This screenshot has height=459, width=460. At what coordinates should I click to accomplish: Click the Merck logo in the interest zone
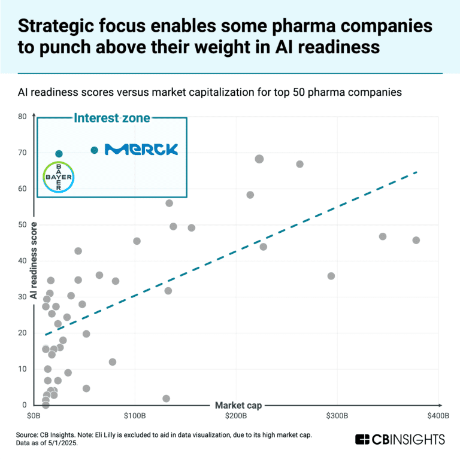[141, 149]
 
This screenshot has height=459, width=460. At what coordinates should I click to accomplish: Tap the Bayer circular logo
[59, 177]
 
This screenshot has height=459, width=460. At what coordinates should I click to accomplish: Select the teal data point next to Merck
[94, 150]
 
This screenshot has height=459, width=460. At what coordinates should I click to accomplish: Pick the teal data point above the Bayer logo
[59, 154]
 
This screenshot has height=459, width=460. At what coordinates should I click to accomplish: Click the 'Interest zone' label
[112, 118]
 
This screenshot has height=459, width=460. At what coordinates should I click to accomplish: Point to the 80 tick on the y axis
[22, 116]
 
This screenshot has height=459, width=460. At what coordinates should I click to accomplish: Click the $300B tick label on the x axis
[337, 416]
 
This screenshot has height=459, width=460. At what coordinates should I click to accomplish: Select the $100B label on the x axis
[135, 416]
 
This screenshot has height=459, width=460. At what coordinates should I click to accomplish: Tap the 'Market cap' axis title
[238, 405]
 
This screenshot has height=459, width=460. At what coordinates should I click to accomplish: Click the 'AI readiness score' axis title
[34, 260]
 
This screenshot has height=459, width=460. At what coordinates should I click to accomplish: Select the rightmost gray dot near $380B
[416, 241]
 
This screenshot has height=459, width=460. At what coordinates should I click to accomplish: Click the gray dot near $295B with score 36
[331, 276]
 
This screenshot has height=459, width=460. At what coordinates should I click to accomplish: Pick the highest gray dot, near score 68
[259, 159]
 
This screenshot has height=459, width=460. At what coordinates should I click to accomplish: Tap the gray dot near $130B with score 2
[166, 399]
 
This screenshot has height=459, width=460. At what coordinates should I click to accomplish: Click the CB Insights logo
[400, 440]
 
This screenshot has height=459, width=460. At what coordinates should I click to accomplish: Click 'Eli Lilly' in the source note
[105, 435]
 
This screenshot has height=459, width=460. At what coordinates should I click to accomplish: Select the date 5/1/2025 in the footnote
[62, 443]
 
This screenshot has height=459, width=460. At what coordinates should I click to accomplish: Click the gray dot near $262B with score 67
[299, 164]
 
